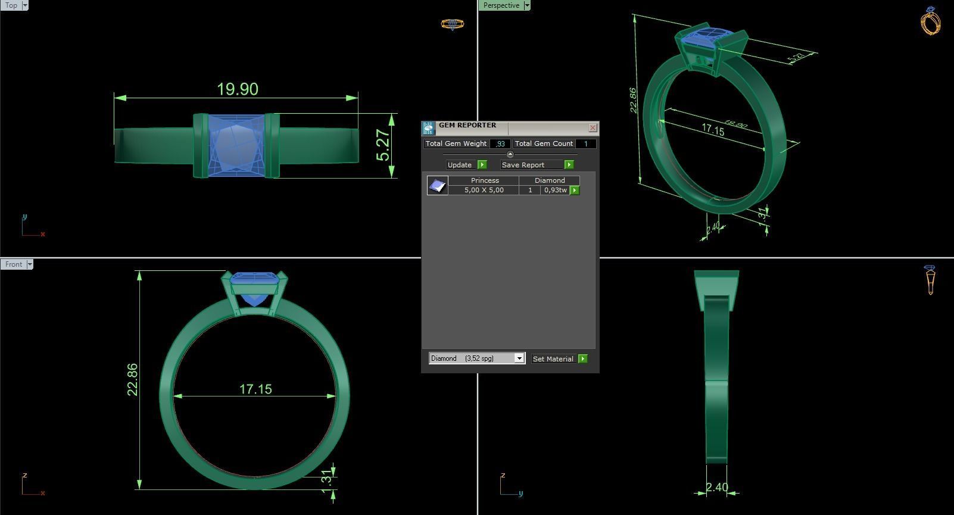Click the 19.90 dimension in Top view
point(237,89)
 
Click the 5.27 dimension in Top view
point(384,145)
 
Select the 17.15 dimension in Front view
point(255,389)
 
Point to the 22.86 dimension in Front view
point(132,379)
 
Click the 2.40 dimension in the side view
point(716,488)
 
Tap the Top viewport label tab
point(11,5)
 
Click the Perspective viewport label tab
point(501,5)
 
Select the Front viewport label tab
point(14,264)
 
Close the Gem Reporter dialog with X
point(593,128)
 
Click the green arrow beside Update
point(482,165)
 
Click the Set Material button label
point(553,359)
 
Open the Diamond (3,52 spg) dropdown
point(519,358)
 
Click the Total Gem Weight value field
point(500,143)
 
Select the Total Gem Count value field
point(585,143)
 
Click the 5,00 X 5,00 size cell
point(484,190)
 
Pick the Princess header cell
point(485,180)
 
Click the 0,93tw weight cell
point(555,190)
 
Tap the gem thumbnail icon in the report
point(437,185)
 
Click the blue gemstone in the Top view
point(236,146)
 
